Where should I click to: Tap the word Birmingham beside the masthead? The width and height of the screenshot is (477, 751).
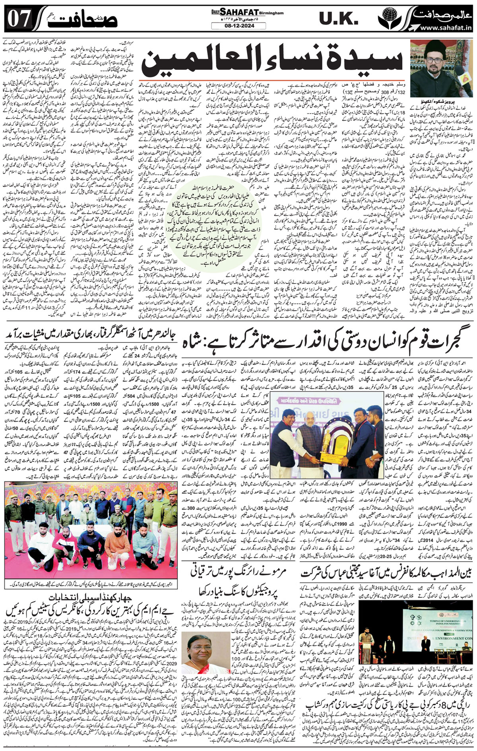point(272,13)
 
